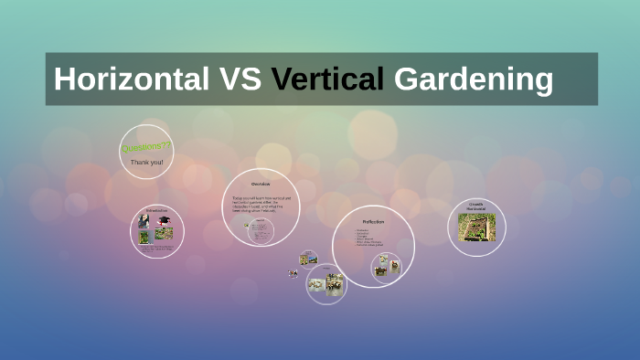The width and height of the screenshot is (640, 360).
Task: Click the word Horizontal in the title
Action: coord(130,79)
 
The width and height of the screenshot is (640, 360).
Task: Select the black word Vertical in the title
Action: coord(327,79)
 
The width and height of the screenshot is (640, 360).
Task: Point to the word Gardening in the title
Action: coord(473,79)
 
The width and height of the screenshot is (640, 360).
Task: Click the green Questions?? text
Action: coord(145,146)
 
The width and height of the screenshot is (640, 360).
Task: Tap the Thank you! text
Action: coord(146,162)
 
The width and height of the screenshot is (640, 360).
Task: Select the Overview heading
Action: coord(261,185)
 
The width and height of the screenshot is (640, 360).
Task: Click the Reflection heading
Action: coord(372,222)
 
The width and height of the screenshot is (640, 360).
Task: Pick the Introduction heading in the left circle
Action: coord(157,211)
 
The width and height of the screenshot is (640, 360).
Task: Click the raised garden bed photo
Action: coord(476,228)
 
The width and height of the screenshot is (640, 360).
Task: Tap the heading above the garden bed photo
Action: coord(475,206)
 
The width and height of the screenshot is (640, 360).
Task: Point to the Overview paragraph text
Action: coord(261,203)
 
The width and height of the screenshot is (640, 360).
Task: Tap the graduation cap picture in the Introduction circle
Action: coord(164,222)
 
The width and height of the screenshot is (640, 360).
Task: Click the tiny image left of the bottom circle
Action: coord(293,272)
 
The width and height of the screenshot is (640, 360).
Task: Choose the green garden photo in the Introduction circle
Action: coord(145,236)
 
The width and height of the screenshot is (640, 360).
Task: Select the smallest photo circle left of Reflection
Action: coord(308,259)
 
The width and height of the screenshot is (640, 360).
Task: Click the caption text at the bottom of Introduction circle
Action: coord(157,248)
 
